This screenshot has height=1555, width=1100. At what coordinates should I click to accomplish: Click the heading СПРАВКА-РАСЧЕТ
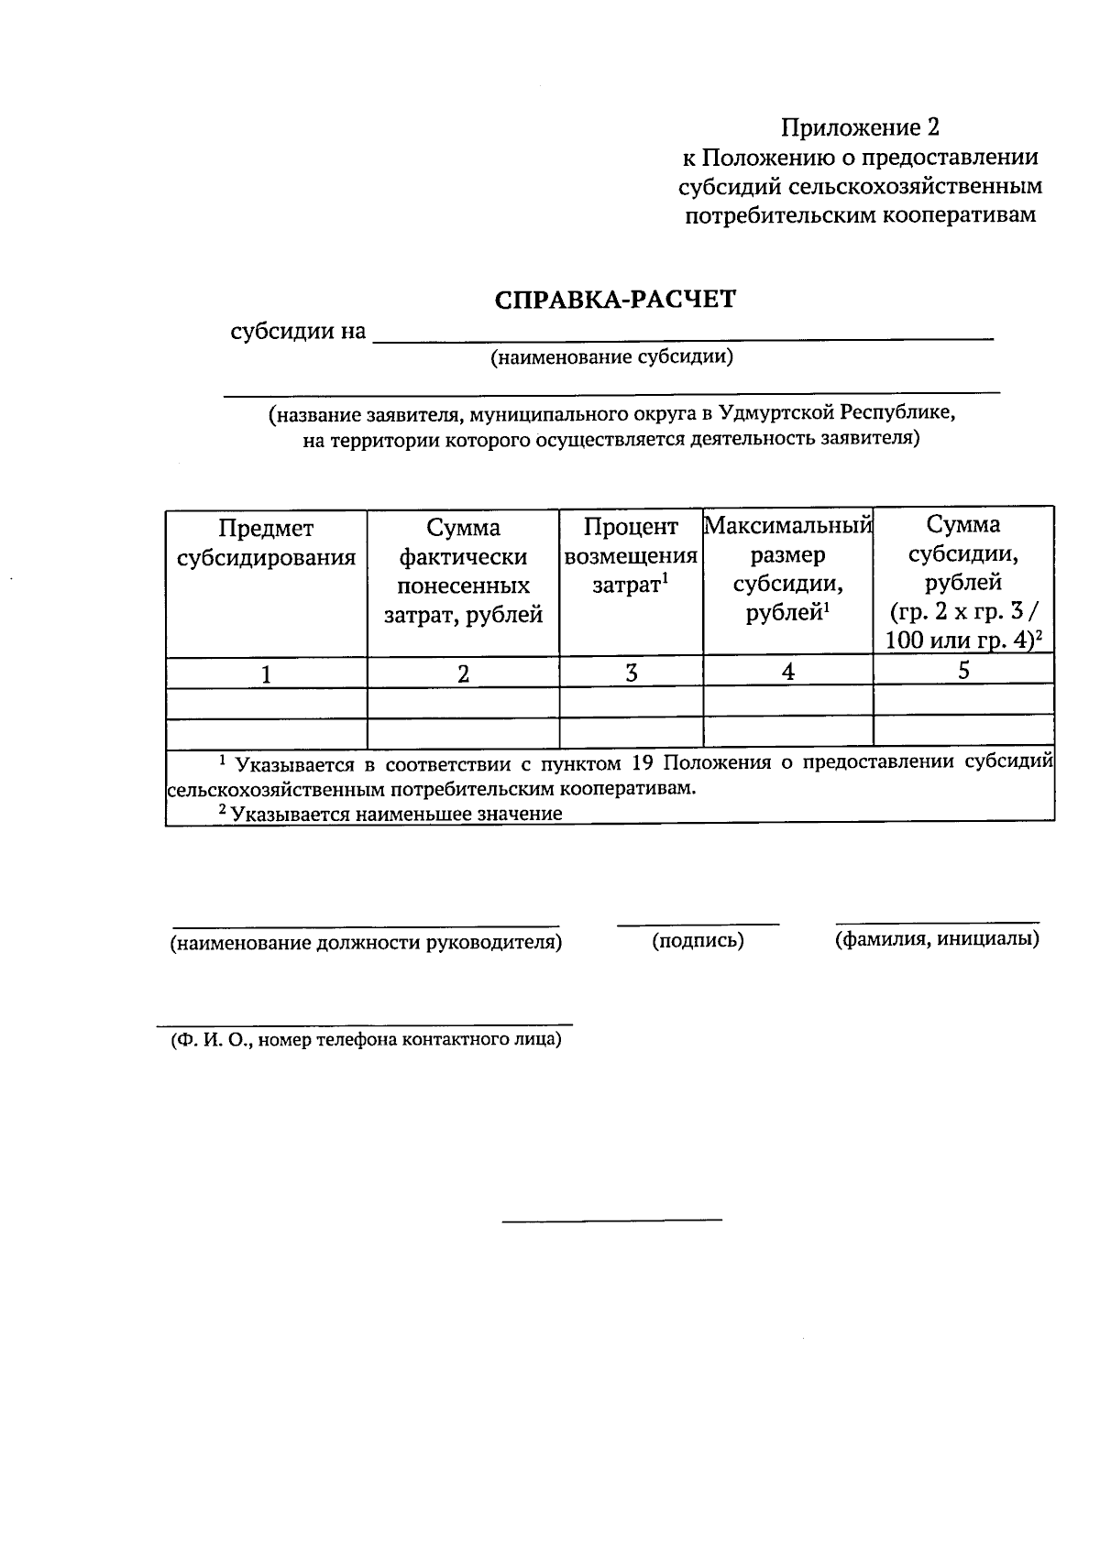[x=614, y=300]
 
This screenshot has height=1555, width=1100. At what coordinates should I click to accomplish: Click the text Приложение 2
[x=860, y=126]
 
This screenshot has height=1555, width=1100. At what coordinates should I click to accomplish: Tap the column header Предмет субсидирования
[x=266, y=542]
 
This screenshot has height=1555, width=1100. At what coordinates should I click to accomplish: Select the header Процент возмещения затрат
[x=631, y=555]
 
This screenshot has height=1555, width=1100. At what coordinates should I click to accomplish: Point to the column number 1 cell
[x=266, y=675]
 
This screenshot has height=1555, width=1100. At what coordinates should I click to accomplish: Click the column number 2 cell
[x=463, y=675]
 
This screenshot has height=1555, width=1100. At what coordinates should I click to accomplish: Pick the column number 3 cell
[x=631, y=673]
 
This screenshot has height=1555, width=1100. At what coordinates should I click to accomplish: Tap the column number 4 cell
[x=787, y=672]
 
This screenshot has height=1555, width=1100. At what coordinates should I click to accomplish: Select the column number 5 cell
[x=963, y=670]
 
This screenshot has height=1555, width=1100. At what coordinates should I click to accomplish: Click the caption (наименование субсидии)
[x=611, y=357]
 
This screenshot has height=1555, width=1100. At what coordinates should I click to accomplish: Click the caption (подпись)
[x=698, y=941]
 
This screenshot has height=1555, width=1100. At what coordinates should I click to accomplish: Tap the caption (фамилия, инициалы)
[x=937, y=939]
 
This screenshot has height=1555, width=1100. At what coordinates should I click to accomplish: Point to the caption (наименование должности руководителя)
[x=366, y=943]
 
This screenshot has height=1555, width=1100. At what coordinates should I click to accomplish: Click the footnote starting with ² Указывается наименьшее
[x=390, y=814]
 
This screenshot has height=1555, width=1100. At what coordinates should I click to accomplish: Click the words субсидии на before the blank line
[x=298, y=331]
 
